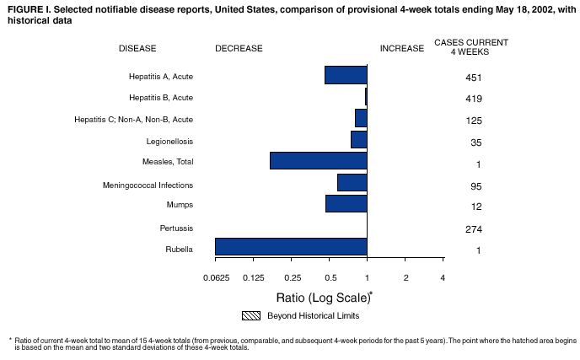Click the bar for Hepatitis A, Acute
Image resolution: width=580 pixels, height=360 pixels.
click(x=346, y=75)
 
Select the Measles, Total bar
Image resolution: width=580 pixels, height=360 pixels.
click(x=318, y=160)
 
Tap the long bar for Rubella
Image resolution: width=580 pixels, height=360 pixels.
click(x=291, y=246)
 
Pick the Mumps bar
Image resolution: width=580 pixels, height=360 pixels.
click(x=346, y=203)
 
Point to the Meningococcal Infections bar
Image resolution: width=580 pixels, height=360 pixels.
click(x=352, y=182)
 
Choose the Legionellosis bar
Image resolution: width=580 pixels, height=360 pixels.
click(x=358, y=139)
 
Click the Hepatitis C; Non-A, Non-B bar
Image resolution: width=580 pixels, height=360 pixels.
click(x=361, y=118)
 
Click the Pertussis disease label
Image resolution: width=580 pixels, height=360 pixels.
click(x=176, y=228)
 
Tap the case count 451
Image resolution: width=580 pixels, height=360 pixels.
click(x=472, y=78)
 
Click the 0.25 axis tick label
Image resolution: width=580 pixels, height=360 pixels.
click(x=292, y=278)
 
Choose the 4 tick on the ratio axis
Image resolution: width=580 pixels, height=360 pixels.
click(x=443, y=278)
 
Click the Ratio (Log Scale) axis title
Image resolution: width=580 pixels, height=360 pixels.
click(x=323, y=297)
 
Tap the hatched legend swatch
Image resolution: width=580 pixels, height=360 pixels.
click(x=252, y=316)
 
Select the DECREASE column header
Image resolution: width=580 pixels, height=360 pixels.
click(x=239, y=48)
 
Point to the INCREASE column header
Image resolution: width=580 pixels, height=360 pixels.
click(x=401, y=48)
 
